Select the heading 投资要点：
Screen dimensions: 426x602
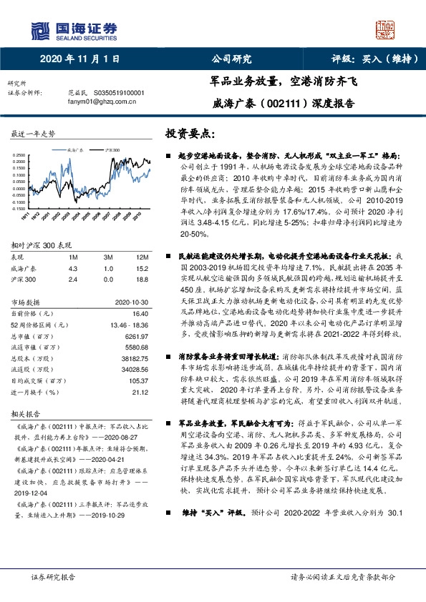190,133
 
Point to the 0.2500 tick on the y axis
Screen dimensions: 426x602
19,154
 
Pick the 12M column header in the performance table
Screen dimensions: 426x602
142,256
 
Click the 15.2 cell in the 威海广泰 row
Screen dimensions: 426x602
142,267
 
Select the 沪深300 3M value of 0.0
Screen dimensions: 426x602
107,279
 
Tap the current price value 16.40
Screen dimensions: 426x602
140,313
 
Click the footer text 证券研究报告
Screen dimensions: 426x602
54,577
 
